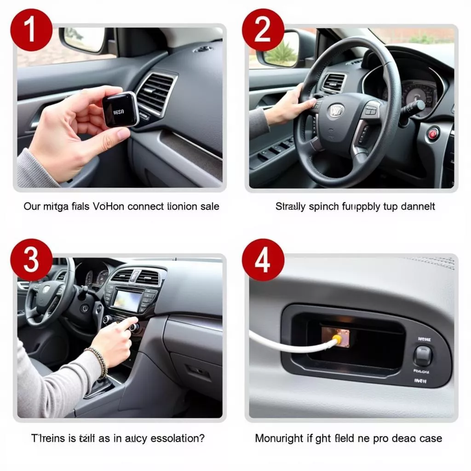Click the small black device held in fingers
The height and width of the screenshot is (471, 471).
click(120, 109)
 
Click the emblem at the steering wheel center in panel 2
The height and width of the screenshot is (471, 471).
click(336, 111)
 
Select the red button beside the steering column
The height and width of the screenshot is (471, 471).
click(433, 133)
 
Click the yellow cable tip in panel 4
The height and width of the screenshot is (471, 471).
click(337, 339)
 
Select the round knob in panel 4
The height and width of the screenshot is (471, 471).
click(423, 355)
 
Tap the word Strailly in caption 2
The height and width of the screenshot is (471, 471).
click(291, 207)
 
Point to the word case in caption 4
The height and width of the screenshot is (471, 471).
click(430, 438)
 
